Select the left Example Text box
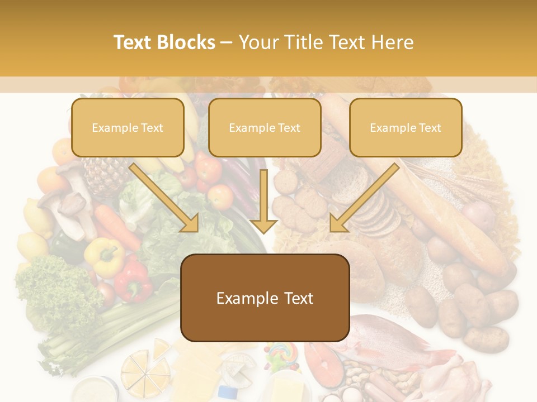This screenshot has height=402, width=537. tap(128, 128)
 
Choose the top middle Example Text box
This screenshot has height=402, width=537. tap(265, 128)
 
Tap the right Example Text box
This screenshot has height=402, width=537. tap(406, 128)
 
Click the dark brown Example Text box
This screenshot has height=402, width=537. tap(265, 298)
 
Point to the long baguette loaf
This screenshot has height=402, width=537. tap(442, 212)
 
